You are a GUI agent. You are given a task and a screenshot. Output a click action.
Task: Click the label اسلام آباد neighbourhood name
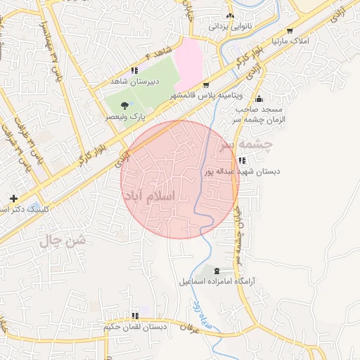[x=158, y=196]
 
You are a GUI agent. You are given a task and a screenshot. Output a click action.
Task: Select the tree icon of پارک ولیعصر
[x=124, y=104]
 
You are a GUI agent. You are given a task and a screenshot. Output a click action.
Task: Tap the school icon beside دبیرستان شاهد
[x=134, y=70]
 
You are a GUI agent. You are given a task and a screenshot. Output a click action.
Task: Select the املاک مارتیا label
[x=290, y=41]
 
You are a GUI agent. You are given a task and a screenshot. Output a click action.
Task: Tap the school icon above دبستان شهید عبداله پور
[x=242, y=160]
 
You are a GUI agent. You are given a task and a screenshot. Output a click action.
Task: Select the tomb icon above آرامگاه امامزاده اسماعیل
[x=217, y=271]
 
